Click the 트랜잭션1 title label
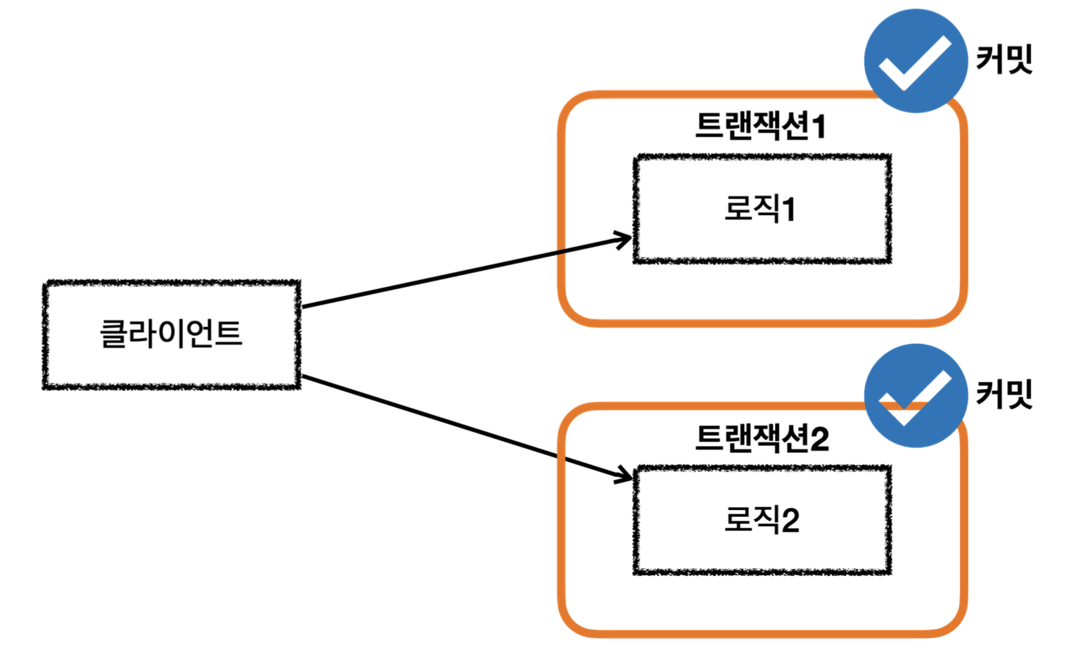[x=759, y=127]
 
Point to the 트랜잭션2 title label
[x=762, y=438]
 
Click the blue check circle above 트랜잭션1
[x=916, y=61]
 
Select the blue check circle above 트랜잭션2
[x=916, y=395]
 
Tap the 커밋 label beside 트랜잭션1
[x=1004, y=59]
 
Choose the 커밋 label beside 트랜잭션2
[x=1004, y=394]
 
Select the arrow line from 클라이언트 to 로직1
[x=464, y=274]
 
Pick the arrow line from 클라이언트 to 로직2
[x=464, y=426]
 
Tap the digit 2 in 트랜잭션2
[x=820, y=439]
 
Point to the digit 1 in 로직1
[x=788, y=210]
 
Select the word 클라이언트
[x=172, y=333]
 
